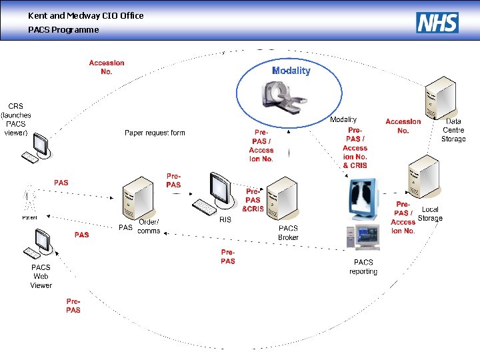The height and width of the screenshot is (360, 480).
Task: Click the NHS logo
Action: click(437, 23)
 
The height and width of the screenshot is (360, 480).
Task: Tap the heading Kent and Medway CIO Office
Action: click(85, 15)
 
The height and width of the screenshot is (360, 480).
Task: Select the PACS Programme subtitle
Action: click(63, 30)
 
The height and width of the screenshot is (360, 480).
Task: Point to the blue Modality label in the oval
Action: click(291, 71)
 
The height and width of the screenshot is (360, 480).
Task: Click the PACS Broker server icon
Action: click(280, 201)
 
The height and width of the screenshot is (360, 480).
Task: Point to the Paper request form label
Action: click(155, 133)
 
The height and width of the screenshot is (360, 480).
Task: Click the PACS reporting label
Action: click(363, 267)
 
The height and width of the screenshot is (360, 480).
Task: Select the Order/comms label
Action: click(149, 227)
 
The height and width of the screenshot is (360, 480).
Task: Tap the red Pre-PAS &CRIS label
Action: click(253, 200)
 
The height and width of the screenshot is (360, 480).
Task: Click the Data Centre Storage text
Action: click(453, 130)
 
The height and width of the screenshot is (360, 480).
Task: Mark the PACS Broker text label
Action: click(288, 233)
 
